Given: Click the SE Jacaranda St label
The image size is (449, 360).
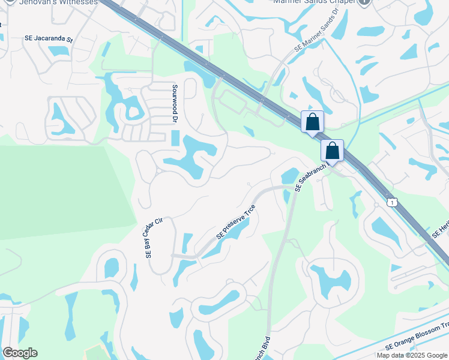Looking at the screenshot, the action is pyautogui.click(x=49, y=38).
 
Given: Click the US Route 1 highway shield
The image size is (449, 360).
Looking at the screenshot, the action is pyautogui.click(x=391, y=202).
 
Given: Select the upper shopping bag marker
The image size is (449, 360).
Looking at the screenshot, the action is pyautogui.click(x=312, y=122).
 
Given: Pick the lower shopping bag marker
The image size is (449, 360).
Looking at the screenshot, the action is pyautogui.click(x=332, y=151).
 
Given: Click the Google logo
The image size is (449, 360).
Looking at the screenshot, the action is pyautogui.click(x=20, y=353).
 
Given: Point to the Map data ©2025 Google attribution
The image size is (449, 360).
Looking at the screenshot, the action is pyautogui.click(x=412, y=355).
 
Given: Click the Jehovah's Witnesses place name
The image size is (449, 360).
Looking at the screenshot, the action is pyautogui.click(x=58, y=2).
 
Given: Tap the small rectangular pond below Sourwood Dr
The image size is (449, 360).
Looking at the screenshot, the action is pyautogui.click(x=175, y=139).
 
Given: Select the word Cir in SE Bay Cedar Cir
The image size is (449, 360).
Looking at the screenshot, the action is pyautogui.click(x=159, y=222).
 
